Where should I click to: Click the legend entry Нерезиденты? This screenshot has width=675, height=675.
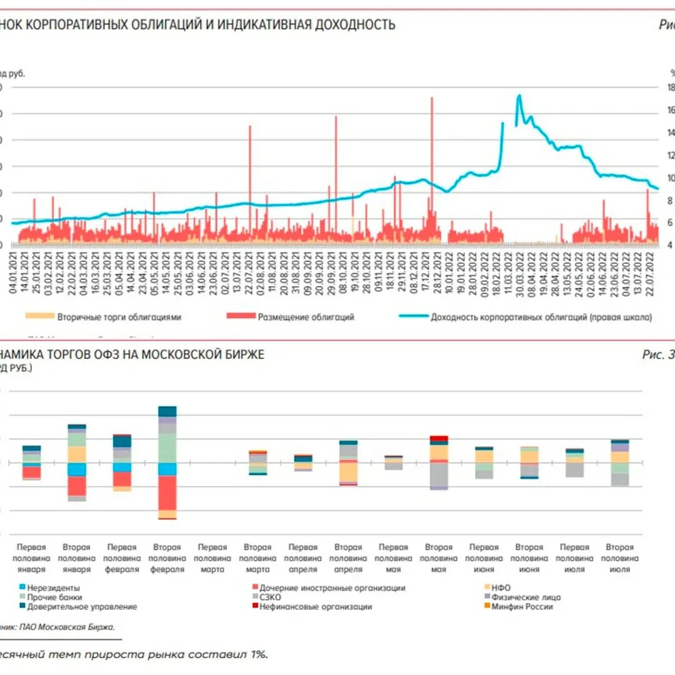(x=53, y=587)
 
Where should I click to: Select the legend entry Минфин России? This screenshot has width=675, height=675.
(x=522, y=606)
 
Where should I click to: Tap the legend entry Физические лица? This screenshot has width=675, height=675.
(x=526, y=597)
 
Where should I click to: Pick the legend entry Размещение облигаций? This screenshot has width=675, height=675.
(x=306, y=317)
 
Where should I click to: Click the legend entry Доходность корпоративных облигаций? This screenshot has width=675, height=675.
(x=541, y=317)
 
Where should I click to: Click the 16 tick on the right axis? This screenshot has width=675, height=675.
(x=671, y=111)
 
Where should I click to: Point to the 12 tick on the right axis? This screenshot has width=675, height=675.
(x=671, y=155)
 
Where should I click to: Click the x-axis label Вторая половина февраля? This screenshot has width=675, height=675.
(x=167, y=558)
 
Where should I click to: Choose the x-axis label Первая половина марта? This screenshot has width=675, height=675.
(x=212, y=558)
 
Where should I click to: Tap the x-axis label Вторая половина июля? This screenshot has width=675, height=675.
(x=619, y=558)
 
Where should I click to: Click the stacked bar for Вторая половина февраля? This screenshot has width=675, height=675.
(x=167, y=462)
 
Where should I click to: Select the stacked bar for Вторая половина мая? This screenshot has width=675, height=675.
(x=439, y=462)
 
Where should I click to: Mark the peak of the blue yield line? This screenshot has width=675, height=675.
(x=519, y=96)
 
